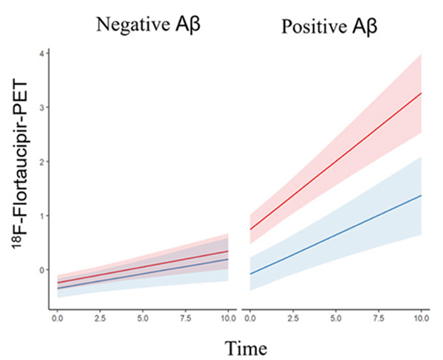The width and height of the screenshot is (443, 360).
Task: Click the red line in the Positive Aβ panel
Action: click(336, 161)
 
